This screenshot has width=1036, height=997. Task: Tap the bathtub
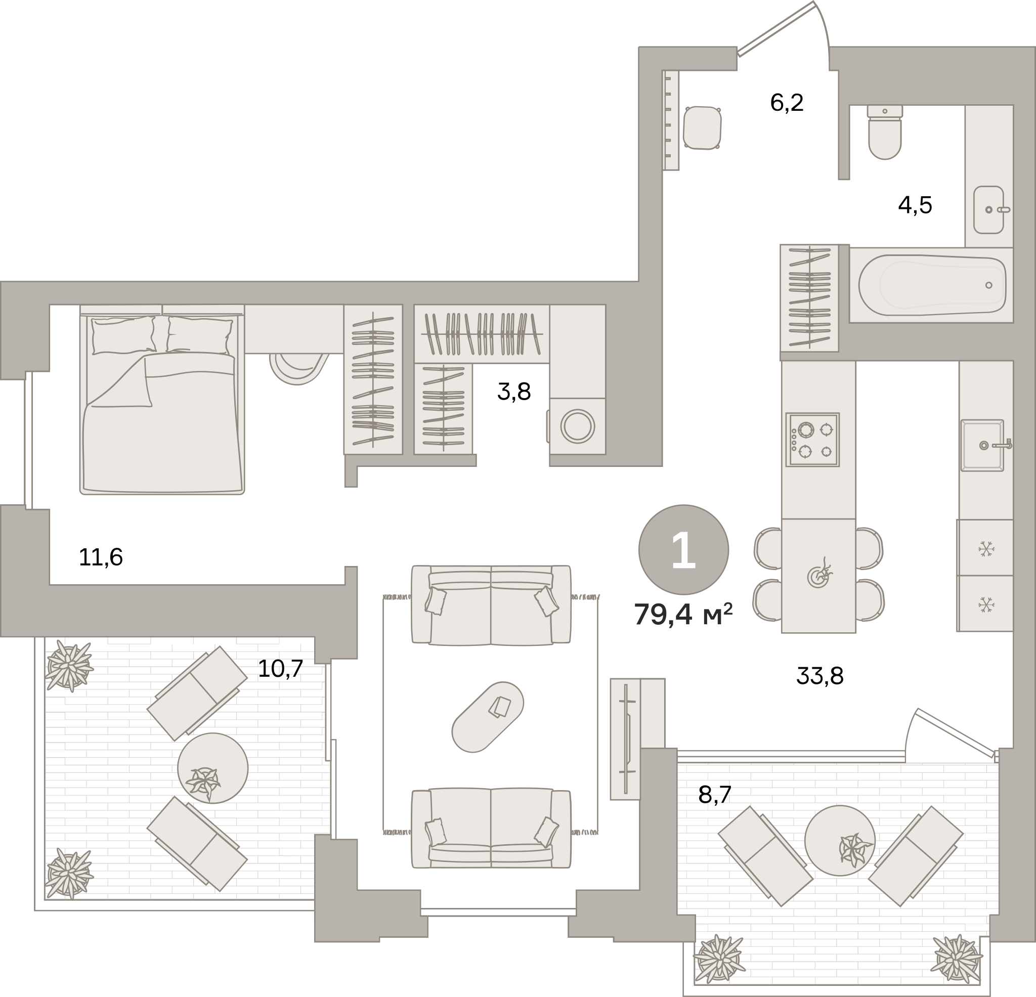[932, 285]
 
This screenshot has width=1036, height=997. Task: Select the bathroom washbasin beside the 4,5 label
[988, 209]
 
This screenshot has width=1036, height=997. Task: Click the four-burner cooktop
[812, 439]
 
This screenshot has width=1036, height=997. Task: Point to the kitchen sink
[982, 445]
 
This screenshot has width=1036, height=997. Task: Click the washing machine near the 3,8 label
[577, 426]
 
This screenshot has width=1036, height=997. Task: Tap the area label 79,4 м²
[683, 614]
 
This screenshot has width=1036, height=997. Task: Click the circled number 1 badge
[683, 550]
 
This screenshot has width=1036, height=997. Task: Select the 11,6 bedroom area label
[101, 557]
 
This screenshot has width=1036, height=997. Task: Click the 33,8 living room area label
[820, 676]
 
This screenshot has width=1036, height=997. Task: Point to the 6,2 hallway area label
[787, 103]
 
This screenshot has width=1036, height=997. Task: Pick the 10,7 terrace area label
[280, 669]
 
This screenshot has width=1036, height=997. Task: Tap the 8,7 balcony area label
[715, 795]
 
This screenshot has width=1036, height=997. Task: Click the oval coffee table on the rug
[487, 717]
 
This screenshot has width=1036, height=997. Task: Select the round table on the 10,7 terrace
[212, 768]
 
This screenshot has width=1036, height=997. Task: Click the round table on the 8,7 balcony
[840, 841]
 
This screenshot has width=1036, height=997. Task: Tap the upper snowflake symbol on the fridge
[986, 548]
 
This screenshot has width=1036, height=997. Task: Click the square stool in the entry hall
[702, 128]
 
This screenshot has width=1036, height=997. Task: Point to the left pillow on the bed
[123, 335]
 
